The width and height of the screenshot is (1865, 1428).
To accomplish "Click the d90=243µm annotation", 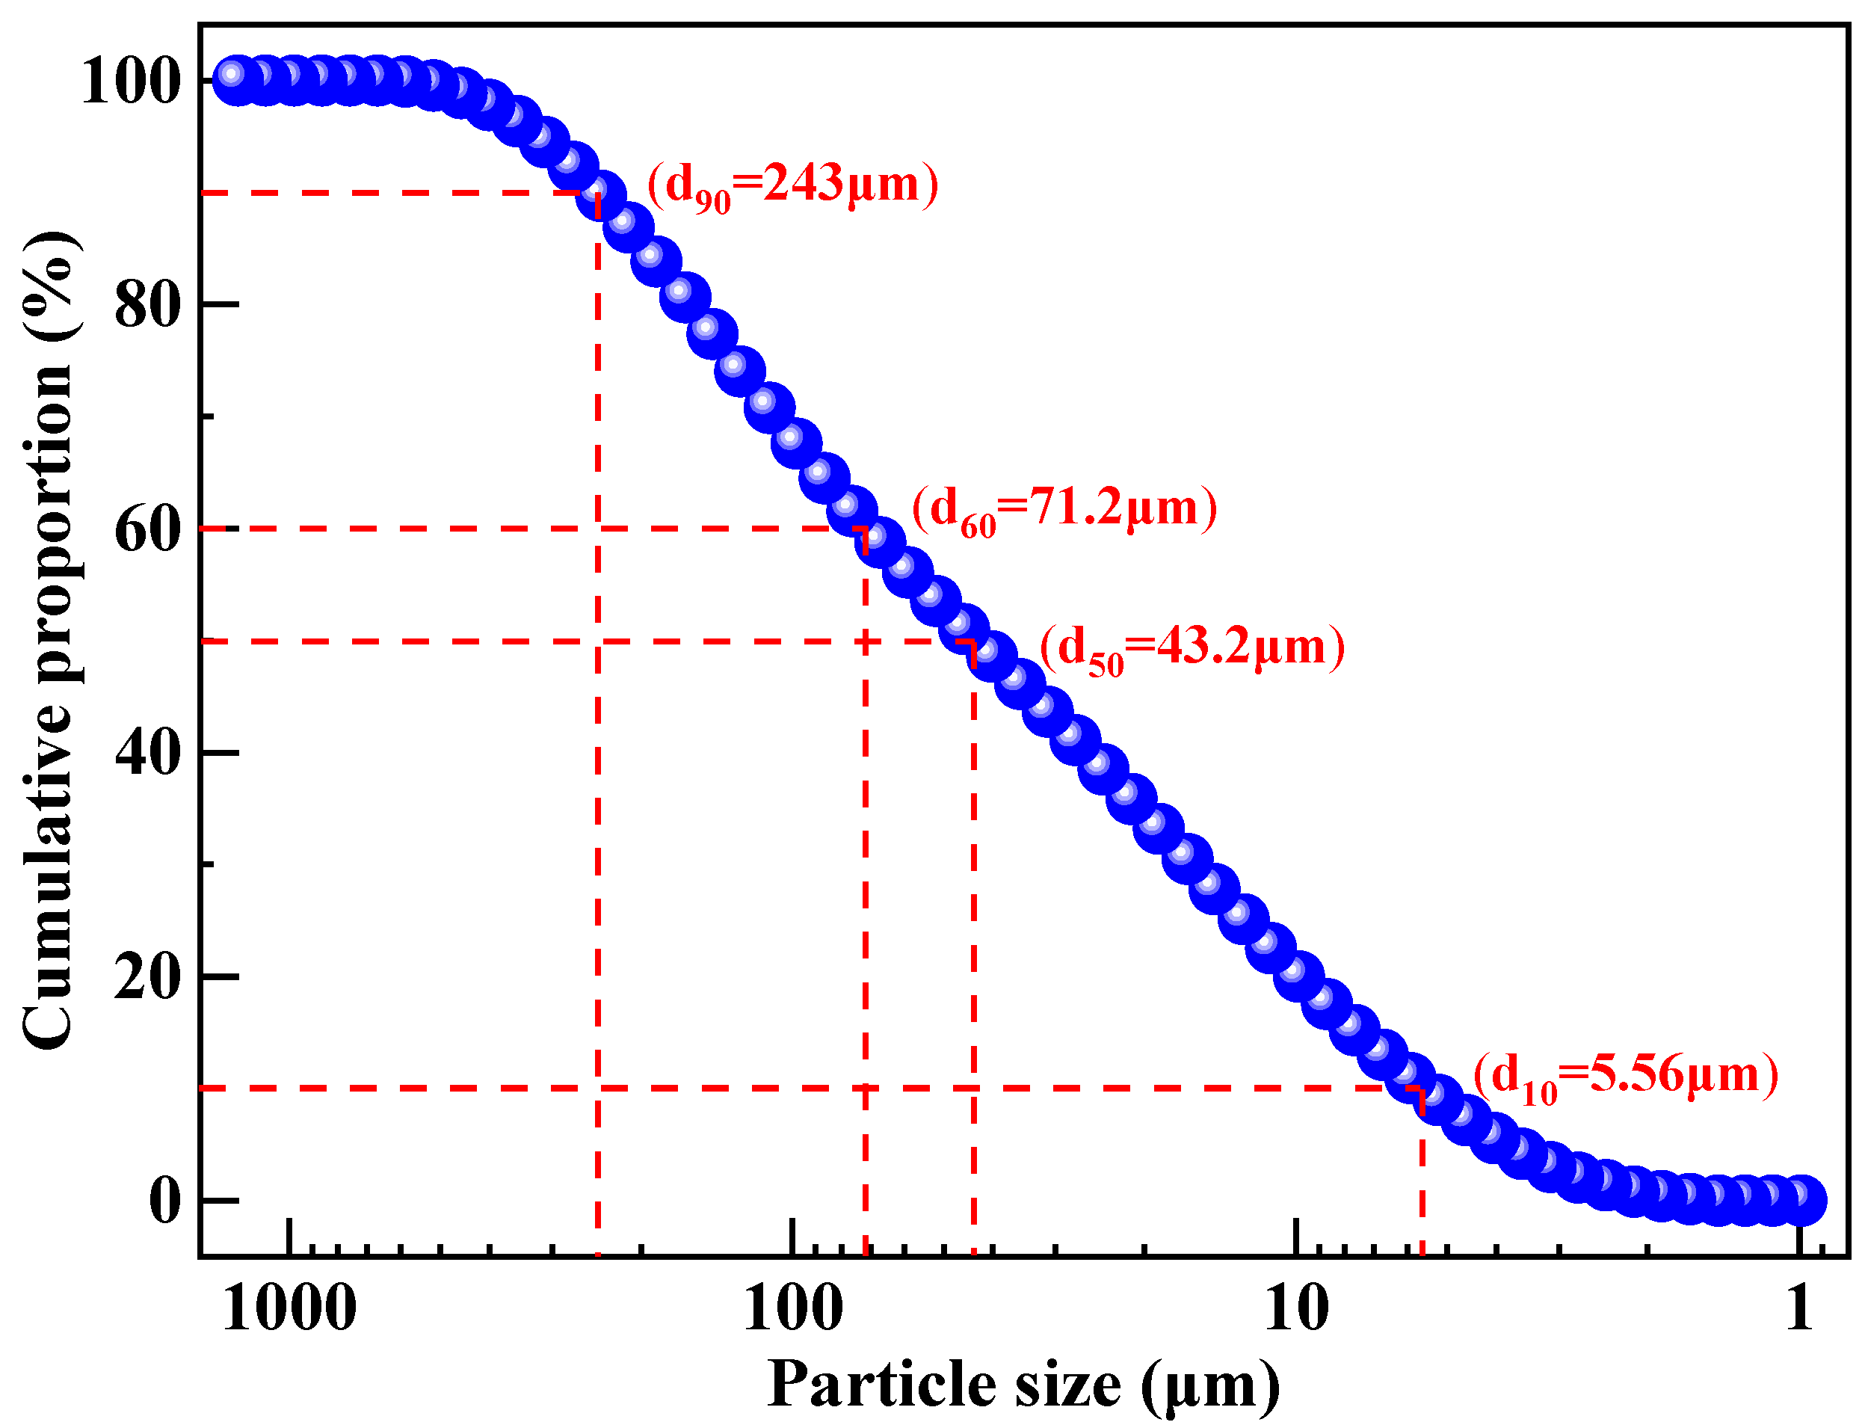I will [x=793, y=185].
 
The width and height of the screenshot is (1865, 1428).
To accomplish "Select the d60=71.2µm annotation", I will [x=1064, y=511].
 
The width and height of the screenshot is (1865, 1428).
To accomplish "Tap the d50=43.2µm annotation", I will [x=1192, y=650].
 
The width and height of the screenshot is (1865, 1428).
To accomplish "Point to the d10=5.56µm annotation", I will [x=1625, y=1077].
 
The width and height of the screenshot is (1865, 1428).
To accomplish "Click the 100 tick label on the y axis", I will [x=132, y=82].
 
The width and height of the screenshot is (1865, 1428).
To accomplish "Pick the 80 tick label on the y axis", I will [x=148, y=306].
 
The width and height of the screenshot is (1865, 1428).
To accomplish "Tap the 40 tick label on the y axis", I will [x=148, y=754].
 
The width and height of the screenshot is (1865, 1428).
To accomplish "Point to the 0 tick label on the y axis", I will [x=165, y=1202].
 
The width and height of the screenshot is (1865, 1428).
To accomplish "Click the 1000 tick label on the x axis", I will [x=289, y=1310].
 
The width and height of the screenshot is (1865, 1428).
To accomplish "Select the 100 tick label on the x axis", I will [x=793, y=1310].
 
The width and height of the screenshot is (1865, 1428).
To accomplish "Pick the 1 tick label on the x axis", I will [x=1799, y=1310].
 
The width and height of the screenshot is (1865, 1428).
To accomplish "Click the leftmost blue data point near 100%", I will [x=232, y=76].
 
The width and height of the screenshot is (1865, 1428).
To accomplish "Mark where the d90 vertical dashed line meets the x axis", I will [x=598, y=1255].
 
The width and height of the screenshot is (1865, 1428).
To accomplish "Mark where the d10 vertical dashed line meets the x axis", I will [x=1422, y=1255].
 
